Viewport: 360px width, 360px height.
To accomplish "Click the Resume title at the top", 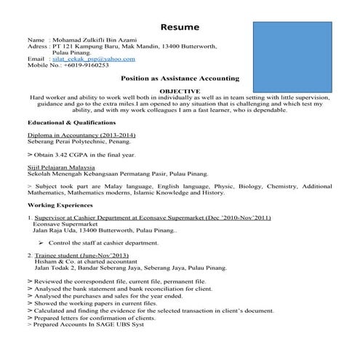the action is [x=180, y=27].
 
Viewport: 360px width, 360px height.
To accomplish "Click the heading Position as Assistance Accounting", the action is [x=180, y=77].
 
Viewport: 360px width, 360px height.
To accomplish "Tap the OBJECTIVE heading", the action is [x=180, y=90].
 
